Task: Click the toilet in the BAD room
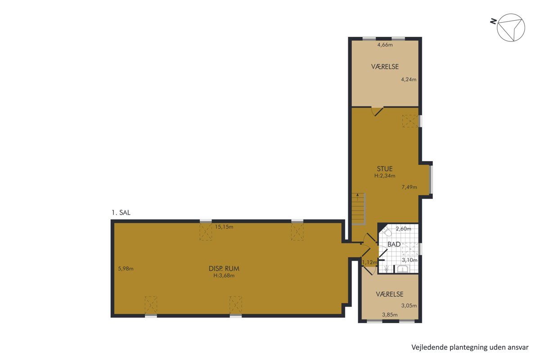(387, 232)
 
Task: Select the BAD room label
(394, 244)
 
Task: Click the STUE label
(385, 169)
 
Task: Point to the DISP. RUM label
(224, 268)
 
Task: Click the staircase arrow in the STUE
(357, 197)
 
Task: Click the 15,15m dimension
(224, 227)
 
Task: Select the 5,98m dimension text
(126, 269)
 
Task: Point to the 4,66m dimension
(385, 45)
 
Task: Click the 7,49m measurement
(409, 187)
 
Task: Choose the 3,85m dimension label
(390, 315)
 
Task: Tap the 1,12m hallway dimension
(369, 262)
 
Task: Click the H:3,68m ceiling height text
(224, 275)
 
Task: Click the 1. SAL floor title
(121, 213)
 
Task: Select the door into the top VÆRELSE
(377, 111)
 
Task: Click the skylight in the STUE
(410, 121)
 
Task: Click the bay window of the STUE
(431, 180)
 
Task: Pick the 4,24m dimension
(409, 79)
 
